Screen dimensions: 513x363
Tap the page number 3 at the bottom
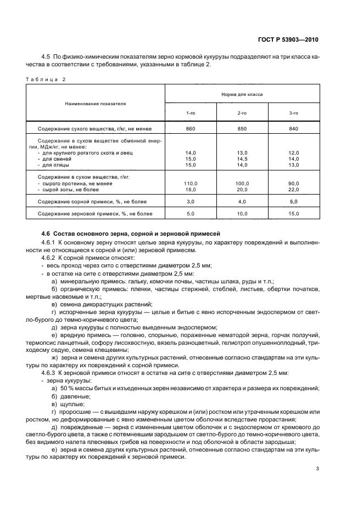pyautogui.click(x=317, y=468)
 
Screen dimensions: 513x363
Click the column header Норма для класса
pyautogui.click(x=242, y=94)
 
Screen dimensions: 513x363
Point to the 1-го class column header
pyautogui.click(x=191, y=112)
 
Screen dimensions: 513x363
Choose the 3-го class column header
pyautogui.click(x=294, y=112)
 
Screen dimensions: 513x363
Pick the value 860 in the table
pyautogui.click(x=191, y=129)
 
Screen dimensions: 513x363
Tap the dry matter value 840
pyautogui.click(x=294, y=129)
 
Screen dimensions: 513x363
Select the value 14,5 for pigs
pyautogui.click(x=242, y=158)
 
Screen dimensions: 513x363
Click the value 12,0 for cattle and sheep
pyautogui.click(x=294, y=153)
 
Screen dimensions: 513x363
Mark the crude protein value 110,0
pyautogui.click(x=191, y=184)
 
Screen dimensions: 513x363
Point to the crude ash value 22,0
pyautogui.click(x=294, y=189)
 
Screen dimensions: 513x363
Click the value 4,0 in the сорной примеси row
pyautogui.click(x=242, y=202)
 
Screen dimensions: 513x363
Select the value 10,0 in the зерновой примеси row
pyautogui.click(x=242, y=213)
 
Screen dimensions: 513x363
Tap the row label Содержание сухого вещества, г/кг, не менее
pyautogui.click(x=94, y=129)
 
